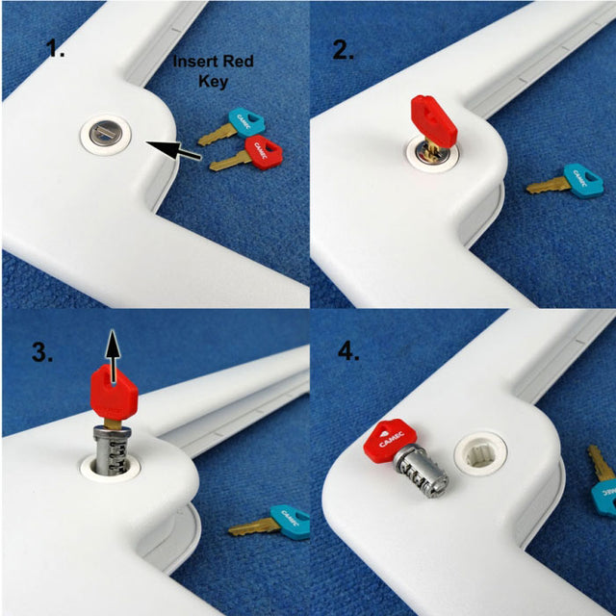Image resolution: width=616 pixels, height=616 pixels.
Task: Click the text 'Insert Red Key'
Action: coord(213,72)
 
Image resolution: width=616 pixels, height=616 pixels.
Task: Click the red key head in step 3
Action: coord(114,394)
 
